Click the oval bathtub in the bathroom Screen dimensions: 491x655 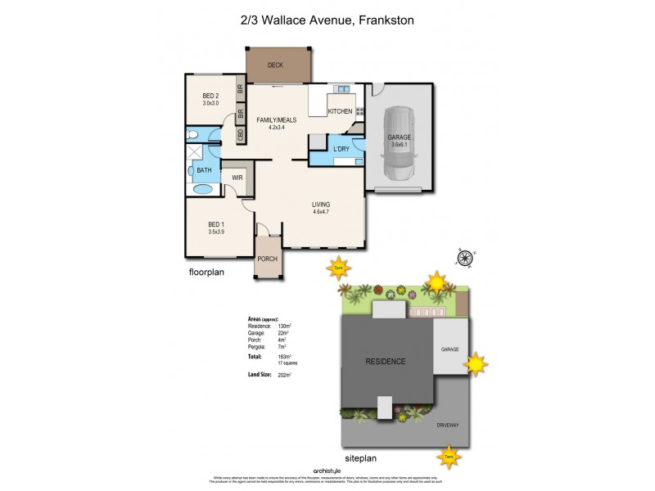(x=202, y=189)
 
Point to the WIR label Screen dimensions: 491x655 (x=237, y=177)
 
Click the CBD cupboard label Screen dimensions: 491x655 (x=241, y=135)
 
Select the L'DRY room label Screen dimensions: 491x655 (x=341, y=148)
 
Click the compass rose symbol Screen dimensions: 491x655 (x=465, y=259)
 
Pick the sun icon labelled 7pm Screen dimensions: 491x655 (x=337, y=268)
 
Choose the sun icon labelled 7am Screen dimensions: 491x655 (x=448, y=456)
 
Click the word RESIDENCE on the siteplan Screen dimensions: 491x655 (x=385, y=361)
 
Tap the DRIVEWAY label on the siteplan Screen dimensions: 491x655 (x=449, y=426)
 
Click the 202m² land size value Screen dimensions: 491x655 (x=286, y=374)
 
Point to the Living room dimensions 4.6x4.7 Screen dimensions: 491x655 (x=321, y=212)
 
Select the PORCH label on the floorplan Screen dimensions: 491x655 (x=268, y=259)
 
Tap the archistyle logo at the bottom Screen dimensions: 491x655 (x=327, y=471)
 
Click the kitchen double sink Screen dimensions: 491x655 (x=341, y=88)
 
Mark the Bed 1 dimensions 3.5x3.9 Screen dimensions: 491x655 (x=216, y=232)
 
